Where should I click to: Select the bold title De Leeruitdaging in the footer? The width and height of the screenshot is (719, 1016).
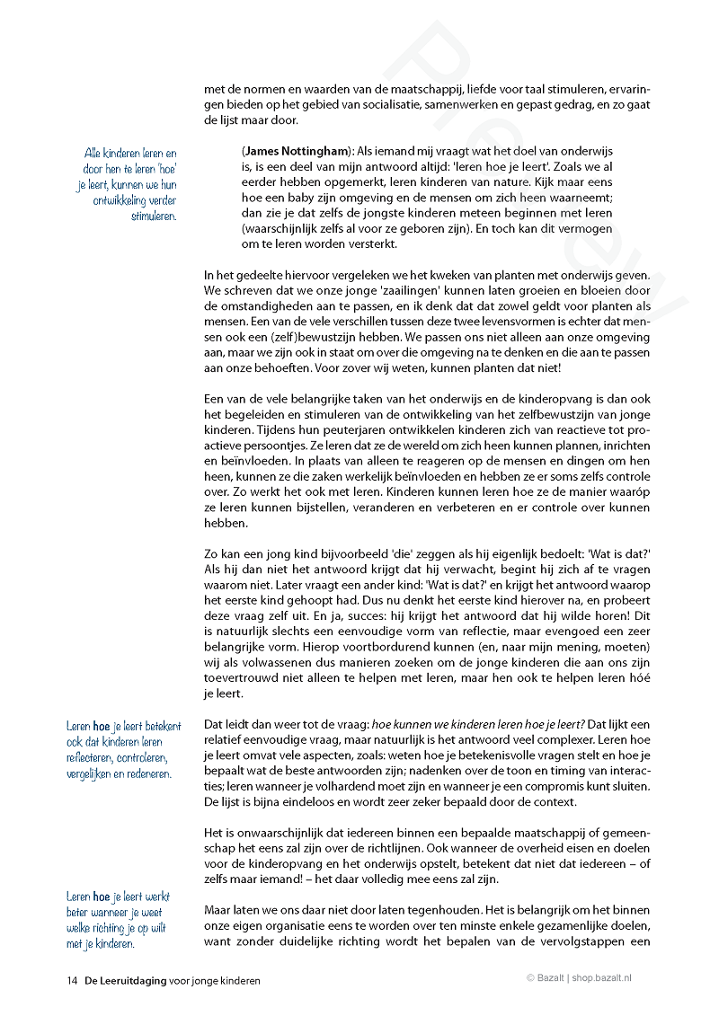pyautogui.click(x=126, y=981)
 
